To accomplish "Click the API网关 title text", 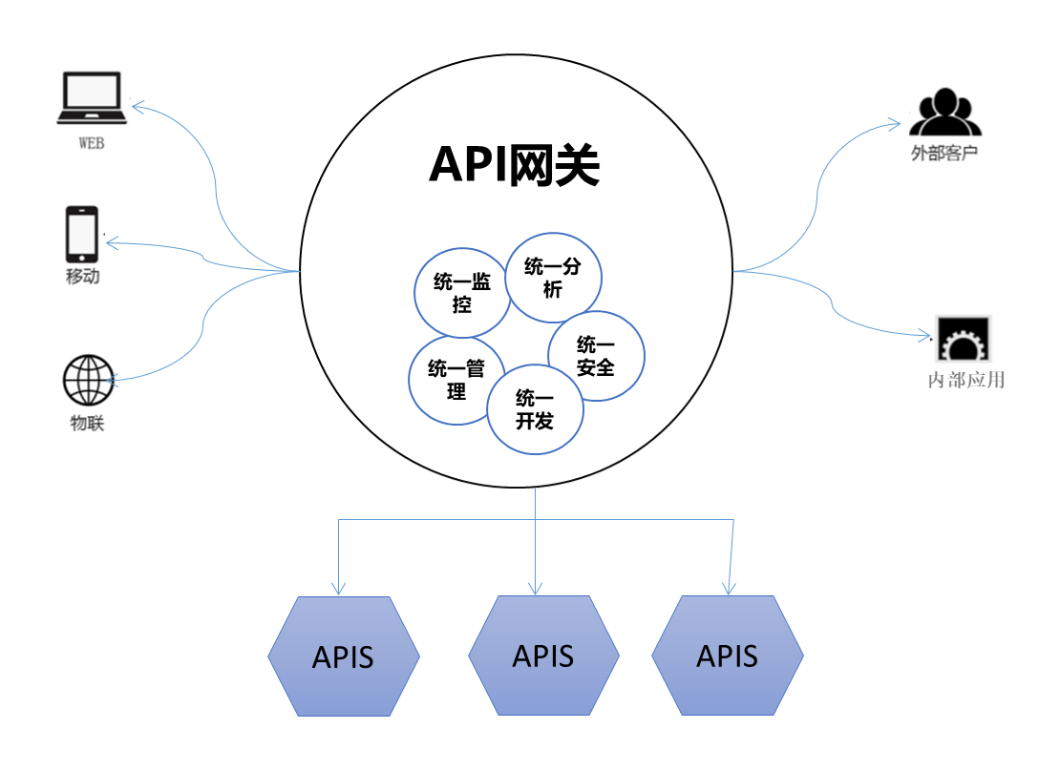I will point(514,165).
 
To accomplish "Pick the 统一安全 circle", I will point(596,356).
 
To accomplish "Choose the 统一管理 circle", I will point(456,379).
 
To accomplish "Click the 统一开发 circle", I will point(535,409).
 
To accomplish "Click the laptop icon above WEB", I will point(92,98).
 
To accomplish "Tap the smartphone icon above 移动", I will point(82,233).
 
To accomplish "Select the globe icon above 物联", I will point(88,381).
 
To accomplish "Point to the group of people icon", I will point(944,113).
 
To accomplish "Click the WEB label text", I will point(91,144).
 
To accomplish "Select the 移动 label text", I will point(82,278).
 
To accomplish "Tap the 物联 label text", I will point(87,424).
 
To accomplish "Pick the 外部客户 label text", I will point(944,153).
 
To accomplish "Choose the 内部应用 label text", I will point(966,380).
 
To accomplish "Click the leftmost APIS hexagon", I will point(344,656).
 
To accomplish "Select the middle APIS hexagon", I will point(543,656).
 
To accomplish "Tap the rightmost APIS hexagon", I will point(728,656).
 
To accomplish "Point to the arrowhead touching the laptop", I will point(138,105).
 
